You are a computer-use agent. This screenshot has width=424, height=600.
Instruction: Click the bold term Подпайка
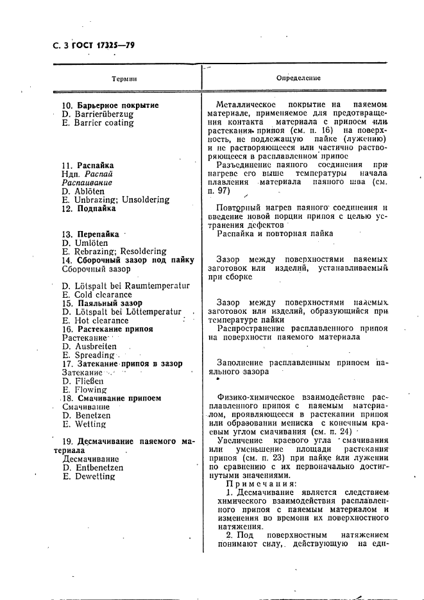(x=96, y=209)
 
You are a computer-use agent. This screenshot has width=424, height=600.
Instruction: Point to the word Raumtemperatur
(x=160, y=286)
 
